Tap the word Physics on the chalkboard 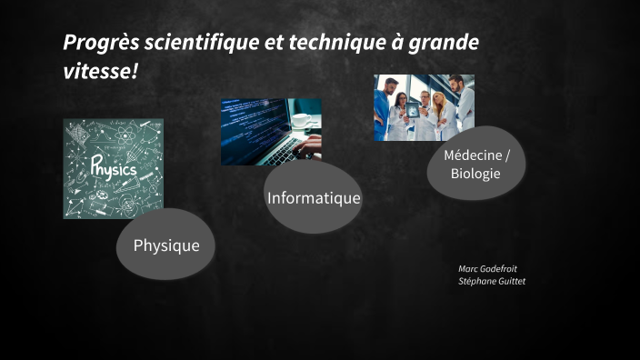click(x=113, y=169)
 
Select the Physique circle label click(x=166, y=245)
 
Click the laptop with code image click(x=271, y=132)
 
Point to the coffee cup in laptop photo click(x=301, y=120)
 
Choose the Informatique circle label click(x=314, y=197)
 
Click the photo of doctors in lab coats click(x=424, y=107)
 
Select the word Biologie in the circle click(x=476, y=173)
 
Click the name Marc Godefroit click(x=487, y=269)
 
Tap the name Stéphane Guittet click(x=492, y=282)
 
